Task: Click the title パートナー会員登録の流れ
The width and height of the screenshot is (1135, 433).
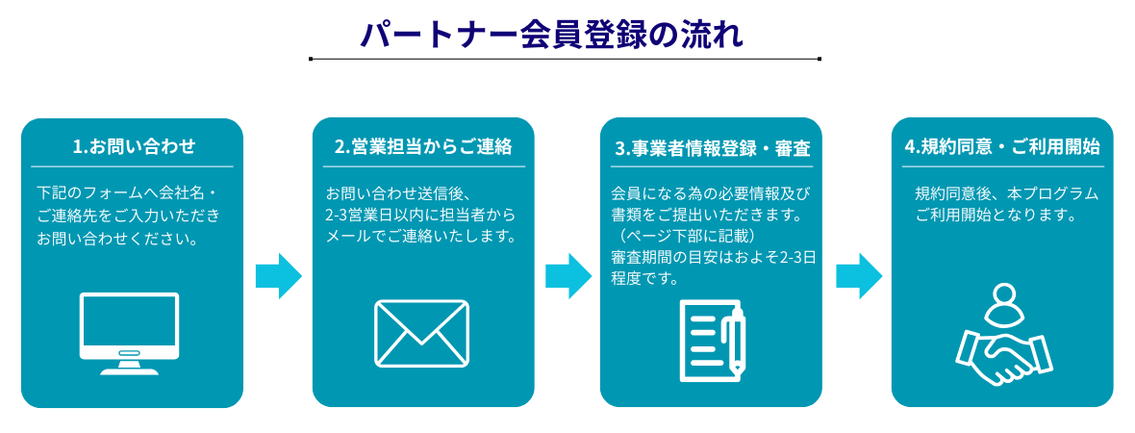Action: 551,34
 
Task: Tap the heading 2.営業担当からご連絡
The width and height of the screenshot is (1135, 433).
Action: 423,147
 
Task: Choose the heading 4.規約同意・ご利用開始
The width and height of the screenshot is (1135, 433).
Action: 1002,147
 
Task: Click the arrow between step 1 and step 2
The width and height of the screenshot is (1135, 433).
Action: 278,276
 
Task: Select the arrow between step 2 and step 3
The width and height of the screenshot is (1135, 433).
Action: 567,276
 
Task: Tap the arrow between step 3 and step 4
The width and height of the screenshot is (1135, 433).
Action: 858,276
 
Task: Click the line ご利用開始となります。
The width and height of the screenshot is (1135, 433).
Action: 996,215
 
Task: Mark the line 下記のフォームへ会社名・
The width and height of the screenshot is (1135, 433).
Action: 128,192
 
